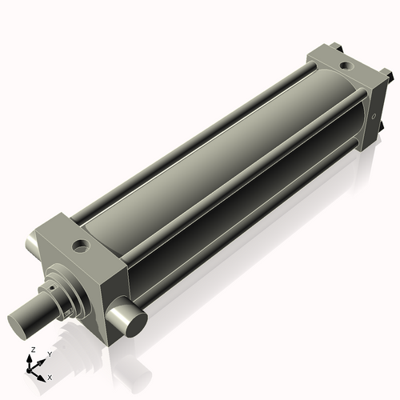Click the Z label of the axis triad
[32, 350]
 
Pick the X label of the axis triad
[50, 375]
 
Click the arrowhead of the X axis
[43, 374]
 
